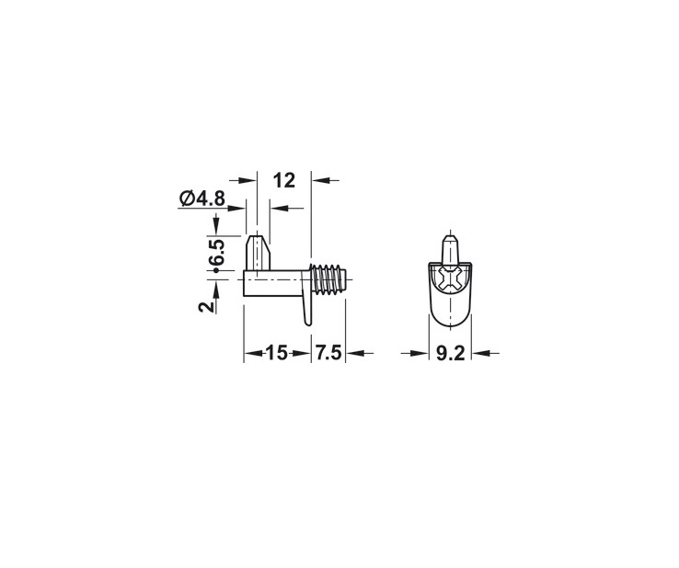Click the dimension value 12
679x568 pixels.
tap(284, 180)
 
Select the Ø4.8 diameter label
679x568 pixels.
tap(202, 199)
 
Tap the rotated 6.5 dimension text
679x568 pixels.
tap(215, 252)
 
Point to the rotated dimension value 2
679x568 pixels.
tap(207, 306)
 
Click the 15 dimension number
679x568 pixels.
tap(276, 353)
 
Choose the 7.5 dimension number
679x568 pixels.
tap(328, 353)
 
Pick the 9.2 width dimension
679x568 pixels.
tap(450, 354)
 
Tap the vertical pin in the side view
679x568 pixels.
tap(258, 252)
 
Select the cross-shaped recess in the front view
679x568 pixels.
tap(450, 278)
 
